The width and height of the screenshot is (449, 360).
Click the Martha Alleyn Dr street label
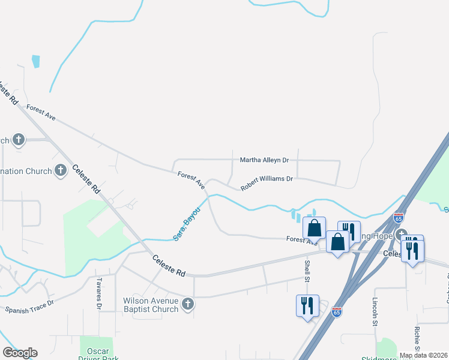[x=265, y=160]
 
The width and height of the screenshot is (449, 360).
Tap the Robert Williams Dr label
[x=267, y=183]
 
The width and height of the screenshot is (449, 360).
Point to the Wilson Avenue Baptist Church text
[x=151, y=305]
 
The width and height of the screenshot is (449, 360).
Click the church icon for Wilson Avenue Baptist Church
[x=187, y=305]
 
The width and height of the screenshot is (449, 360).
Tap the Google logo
[x=20, y=353]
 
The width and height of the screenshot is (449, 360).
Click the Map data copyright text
[x=423, y=355]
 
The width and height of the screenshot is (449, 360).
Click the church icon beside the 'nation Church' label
[x=60, y=171]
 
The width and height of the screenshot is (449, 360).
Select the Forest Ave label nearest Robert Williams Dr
[x=191, y=181]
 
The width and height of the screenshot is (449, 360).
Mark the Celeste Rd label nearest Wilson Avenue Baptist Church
[x=169, y=265]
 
